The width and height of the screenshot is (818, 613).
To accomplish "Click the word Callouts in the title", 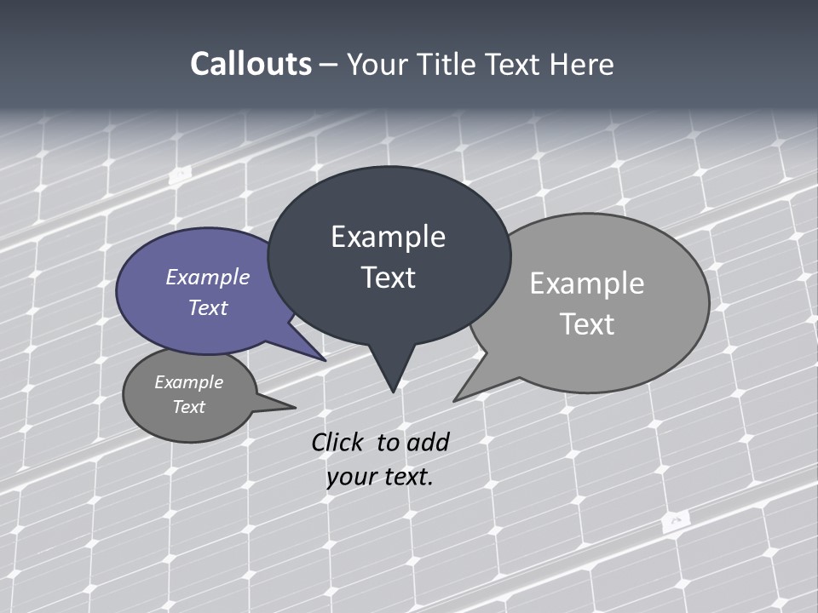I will [x=251, y=64].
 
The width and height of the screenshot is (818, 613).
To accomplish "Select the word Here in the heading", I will [x=582, y=64].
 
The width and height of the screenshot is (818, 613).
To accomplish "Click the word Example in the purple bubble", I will [x=208, y=277].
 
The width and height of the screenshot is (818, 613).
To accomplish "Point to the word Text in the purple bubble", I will [x=208, y=307].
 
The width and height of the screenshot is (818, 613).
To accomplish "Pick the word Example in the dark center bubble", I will [x=388, y=237].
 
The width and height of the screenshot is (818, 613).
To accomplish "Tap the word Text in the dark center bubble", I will [x=388, y=278].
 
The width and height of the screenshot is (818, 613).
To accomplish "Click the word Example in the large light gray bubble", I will [x=587, y=284].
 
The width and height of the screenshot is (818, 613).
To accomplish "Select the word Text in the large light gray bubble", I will [x=587, y=324].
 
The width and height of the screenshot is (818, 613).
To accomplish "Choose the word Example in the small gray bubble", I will [x=189, y=382].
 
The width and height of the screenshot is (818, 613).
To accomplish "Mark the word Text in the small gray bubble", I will [x=189, y=407].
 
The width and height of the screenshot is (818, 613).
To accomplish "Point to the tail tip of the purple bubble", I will [x=325, y=359].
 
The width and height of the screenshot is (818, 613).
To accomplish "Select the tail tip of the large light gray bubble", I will [x=455, y=399].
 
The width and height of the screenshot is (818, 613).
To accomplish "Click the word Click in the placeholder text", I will [x=337, y=442].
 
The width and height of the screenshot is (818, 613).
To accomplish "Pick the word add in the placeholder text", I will [x=428, y=442].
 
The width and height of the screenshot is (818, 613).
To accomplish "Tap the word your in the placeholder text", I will [x=349, y=477].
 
